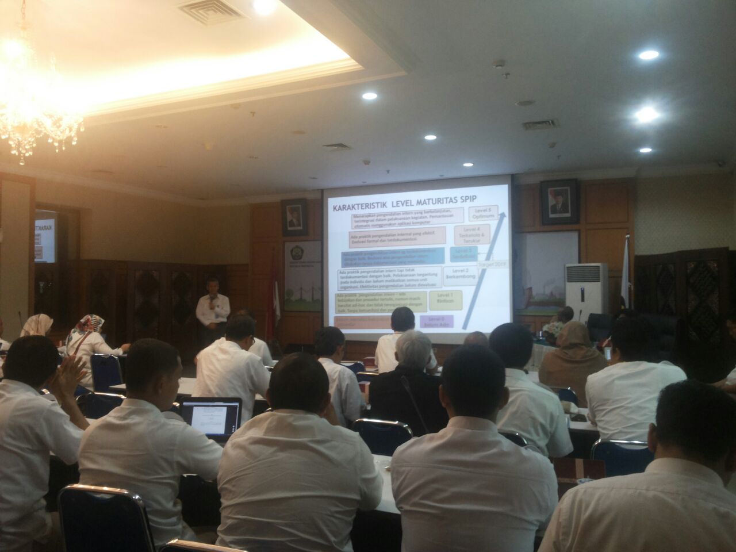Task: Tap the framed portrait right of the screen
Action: point(558,202)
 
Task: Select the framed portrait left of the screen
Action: point(294,217)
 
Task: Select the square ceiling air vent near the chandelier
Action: point(204,10)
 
